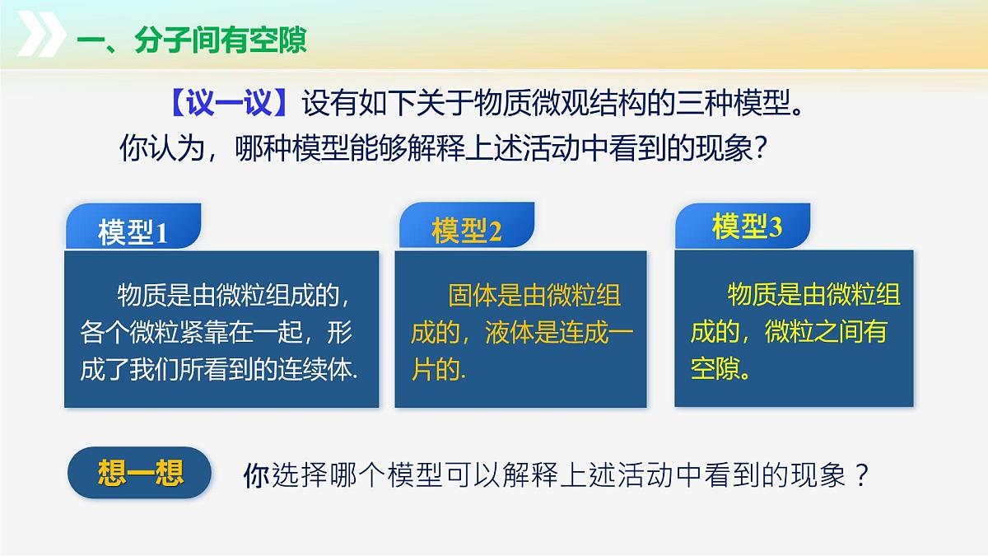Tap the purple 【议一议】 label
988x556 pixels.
click(x=228, y=105)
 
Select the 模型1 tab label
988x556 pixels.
click(x=133, y=233)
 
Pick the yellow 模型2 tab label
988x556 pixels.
click(x=466, y=231)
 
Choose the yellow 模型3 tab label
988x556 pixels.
click(x=746, y=227)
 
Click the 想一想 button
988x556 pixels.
click(x=140, y=474)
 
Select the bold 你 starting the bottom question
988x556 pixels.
click(x=256, y=476)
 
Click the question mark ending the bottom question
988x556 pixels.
click(x=861, y=476)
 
